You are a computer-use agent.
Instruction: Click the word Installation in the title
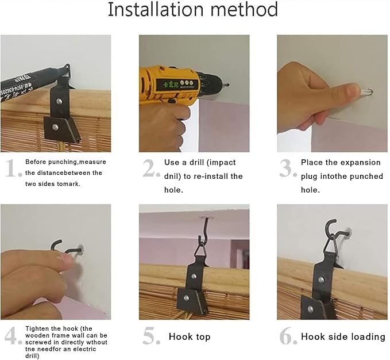click(156, 9)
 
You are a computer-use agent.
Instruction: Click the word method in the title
click(244, 9)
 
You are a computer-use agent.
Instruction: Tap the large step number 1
click(13, 168)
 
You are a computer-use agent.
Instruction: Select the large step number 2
click(151, 168)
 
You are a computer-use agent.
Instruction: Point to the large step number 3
click(288, 168)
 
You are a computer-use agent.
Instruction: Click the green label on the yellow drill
click(177, 85)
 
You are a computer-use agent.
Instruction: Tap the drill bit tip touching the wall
click(227, 85)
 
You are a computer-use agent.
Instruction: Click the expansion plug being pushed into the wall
click(366, 91)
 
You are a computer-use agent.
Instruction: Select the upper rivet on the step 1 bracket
click(59, 101)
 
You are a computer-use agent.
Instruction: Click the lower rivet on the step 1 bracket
click(55, 127)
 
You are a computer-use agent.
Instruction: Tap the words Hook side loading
click(343, 336)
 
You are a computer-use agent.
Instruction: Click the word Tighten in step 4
click(37, 328)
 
